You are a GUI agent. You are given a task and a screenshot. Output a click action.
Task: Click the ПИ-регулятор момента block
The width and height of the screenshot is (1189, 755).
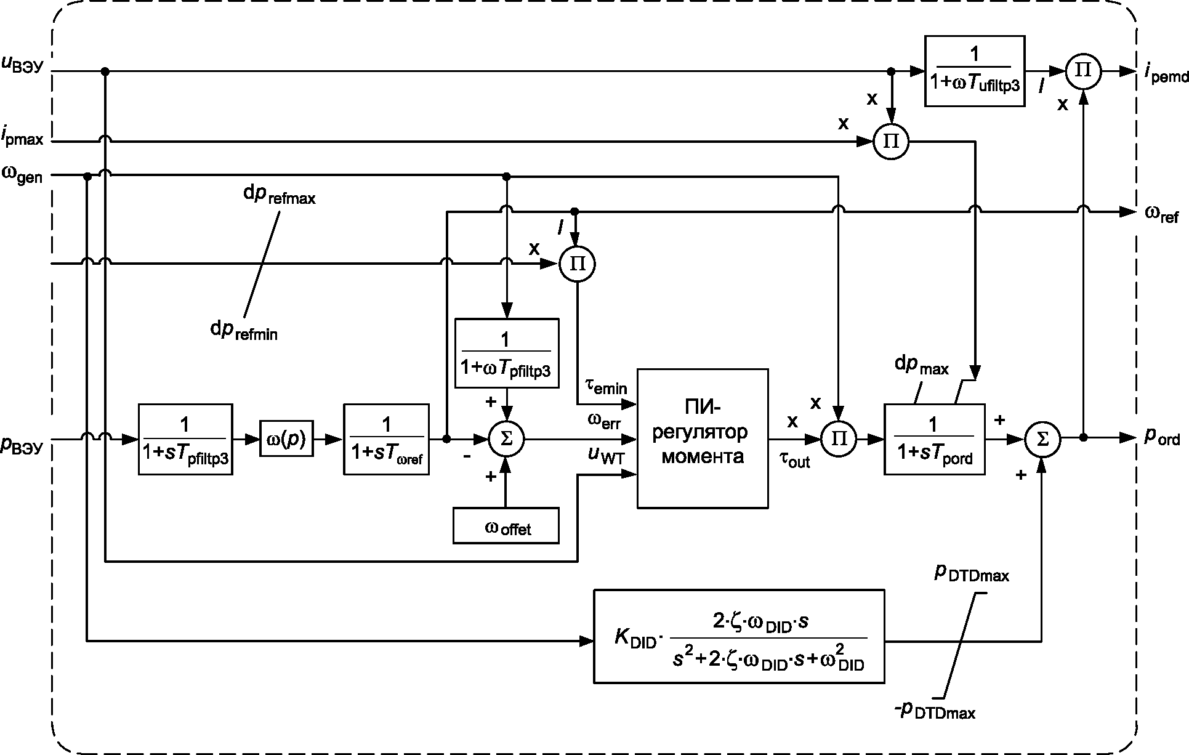(x=703, y=438)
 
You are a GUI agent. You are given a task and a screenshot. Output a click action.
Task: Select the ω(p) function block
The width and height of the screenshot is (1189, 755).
(x=286, y=438)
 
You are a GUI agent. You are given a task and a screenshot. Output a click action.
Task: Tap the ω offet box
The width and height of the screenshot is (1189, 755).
(x=506, y=525)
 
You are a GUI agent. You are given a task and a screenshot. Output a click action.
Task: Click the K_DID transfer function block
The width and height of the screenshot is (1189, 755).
(x=739, y=636)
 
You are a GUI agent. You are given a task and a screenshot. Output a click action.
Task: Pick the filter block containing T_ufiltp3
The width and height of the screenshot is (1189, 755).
(x=975, y=71)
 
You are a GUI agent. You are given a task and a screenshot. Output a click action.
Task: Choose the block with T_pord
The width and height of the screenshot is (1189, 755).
(x=934, y=439)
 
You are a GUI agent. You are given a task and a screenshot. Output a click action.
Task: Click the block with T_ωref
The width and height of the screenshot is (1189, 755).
(x=386, y=439)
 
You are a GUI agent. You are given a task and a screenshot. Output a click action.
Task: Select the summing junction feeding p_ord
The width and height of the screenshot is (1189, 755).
(x=1042, y=438)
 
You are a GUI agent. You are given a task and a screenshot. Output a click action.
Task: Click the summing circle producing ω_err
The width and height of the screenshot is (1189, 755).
(x=506, y=438)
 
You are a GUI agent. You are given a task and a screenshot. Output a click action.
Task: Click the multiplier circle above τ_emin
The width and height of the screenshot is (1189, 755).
(x=577, y=264)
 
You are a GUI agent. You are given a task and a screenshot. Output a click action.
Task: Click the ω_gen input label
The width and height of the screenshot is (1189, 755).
(x=22, y=176)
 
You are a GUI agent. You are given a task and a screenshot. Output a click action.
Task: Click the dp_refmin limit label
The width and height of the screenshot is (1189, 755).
(x=244, y=330)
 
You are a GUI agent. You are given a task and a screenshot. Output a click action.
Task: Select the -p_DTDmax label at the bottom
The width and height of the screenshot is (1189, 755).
(x=935, y=710)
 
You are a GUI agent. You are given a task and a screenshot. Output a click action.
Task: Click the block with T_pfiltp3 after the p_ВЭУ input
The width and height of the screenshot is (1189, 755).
(x=185, y=439)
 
